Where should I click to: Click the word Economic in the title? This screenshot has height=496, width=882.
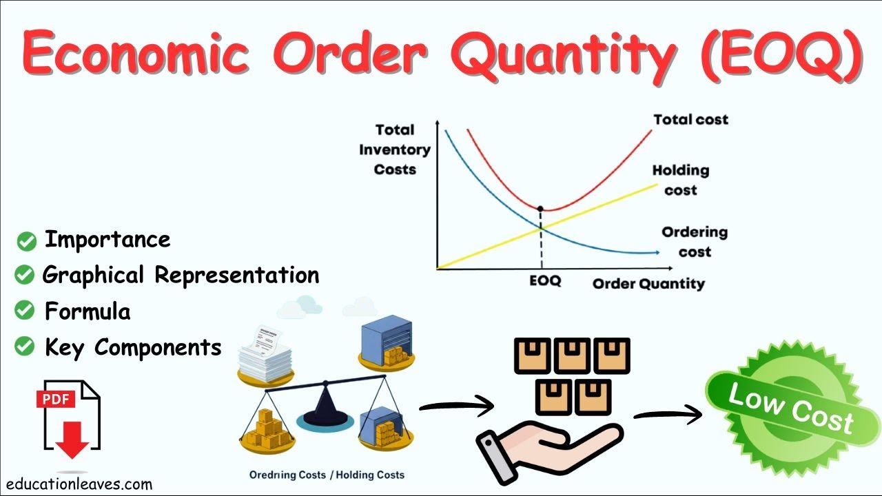click(x=135, y=54)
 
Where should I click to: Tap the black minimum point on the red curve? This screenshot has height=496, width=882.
click(x=540, y=208)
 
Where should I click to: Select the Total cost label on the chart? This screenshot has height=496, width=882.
click(x=690, y=120)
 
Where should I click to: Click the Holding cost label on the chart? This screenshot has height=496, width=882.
click(x=681, y=180)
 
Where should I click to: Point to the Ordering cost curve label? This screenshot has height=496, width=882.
click(x=695, y=242)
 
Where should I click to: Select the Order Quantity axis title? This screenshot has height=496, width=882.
click(x=648, y=283)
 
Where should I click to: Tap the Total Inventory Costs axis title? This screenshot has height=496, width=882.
click(x=395, y=149)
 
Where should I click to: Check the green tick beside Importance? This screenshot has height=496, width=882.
click(x=27, y=241)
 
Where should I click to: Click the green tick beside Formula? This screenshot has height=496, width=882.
click(x=25, y=311)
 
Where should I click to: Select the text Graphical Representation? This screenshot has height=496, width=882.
click(x=181, y=275)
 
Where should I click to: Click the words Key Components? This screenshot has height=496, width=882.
click(x=133, y=347)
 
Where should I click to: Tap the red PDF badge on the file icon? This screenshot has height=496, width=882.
click(x=54, y=398)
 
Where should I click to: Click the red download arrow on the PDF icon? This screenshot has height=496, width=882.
click(x=72, y=441)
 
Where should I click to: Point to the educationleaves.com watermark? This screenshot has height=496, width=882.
click(x=76, y=484)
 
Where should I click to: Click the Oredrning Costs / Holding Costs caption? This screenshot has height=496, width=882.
click(x=327, y=475)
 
